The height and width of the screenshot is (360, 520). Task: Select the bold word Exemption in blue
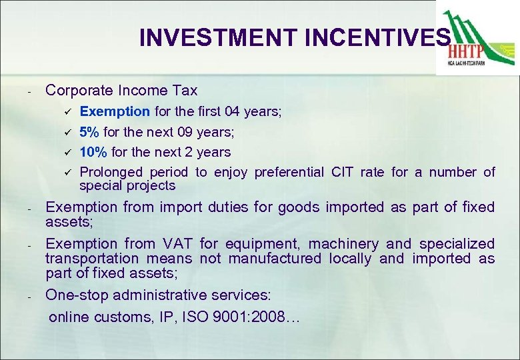point(115,111)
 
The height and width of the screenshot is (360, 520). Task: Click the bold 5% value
point(89,132)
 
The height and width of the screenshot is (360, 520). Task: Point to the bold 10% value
point(93,152)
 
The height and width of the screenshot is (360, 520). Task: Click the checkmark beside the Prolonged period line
point(67,173)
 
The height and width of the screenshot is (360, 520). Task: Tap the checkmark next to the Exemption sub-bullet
point(67,111)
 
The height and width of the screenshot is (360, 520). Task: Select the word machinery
point(343,244)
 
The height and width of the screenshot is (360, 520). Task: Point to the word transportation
point(92,259)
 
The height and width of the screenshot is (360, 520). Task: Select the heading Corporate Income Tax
point(121,90)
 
